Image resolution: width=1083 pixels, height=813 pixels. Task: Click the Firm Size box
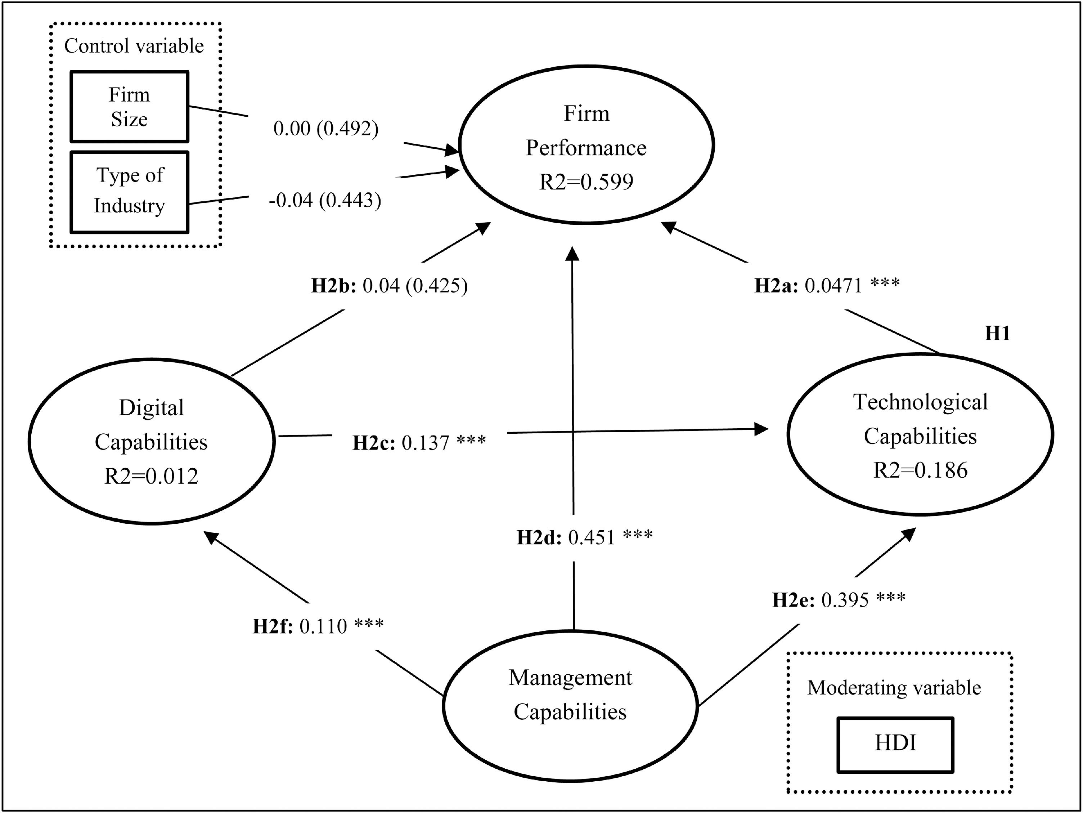click(129, 107)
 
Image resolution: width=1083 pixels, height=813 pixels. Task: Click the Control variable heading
click(134, 46)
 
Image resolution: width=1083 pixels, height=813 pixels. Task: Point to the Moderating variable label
click(894, 688)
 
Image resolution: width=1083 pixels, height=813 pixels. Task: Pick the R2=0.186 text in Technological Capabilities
click(921, 470)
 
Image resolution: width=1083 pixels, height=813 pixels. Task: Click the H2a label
click(776, 286)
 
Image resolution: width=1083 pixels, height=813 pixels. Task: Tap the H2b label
click(333, 286)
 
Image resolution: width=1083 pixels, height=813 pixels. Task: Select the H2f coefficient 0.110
click(323, 626)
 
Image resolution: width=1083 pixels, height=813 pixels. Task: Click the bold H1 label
click(997, 334)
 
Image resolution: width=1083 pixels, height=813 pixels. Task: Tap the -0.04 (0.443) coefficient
click(325, 200)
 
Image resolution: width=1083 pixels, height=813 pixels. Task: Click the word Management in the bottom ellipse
click(570, 678)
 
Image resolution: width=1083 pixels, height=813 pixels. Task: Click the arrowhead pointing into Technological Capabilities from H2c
click(761, 429)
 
